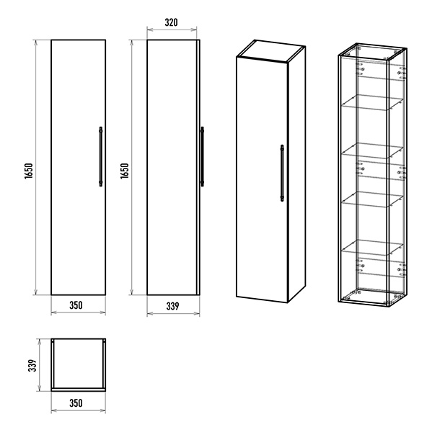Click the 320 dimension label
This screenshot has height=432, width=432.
click(171, 22)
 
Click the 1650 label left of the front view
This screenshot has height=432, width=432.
click(29, 171)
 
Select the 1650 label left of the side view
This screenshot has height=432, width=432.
click(125, 171)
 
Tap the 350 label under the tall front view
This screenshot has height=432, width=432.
click(76, 305)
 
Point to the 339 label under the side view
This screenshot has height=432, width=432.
click(172, 306)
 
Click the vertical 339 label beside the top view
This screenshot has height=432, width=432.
click(32, 365)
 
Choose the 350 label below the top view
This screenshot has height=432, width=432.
click(76, 403)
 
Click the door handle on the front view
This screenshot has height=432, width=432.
click(101, 156)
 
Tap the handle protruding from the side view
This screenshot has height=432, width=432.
click(202, 156)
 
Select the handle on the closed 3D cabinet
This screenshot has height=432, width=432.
click(282, 173)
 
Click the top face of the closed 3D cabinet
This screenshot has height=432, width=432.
click(271, 50)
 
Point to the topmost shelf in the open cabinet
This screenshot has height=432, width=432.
click(372, 103)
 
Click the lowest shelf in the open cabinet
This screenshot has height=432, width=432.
click(372, 248)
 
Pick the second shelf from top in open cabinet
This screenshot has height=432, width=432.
click(372, 150)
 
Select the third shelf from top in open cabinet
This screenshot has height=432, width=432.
click(372, 199)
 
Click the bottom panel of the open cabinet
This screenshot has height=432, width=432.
click(373, 297)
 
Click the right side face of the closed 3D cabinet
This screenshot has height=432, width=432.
click(296, 174)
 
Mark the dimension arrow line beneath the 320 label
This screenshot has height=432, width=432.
click(172, 30)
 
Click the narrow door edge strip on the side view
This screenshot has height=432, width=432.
click(198, 167)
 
